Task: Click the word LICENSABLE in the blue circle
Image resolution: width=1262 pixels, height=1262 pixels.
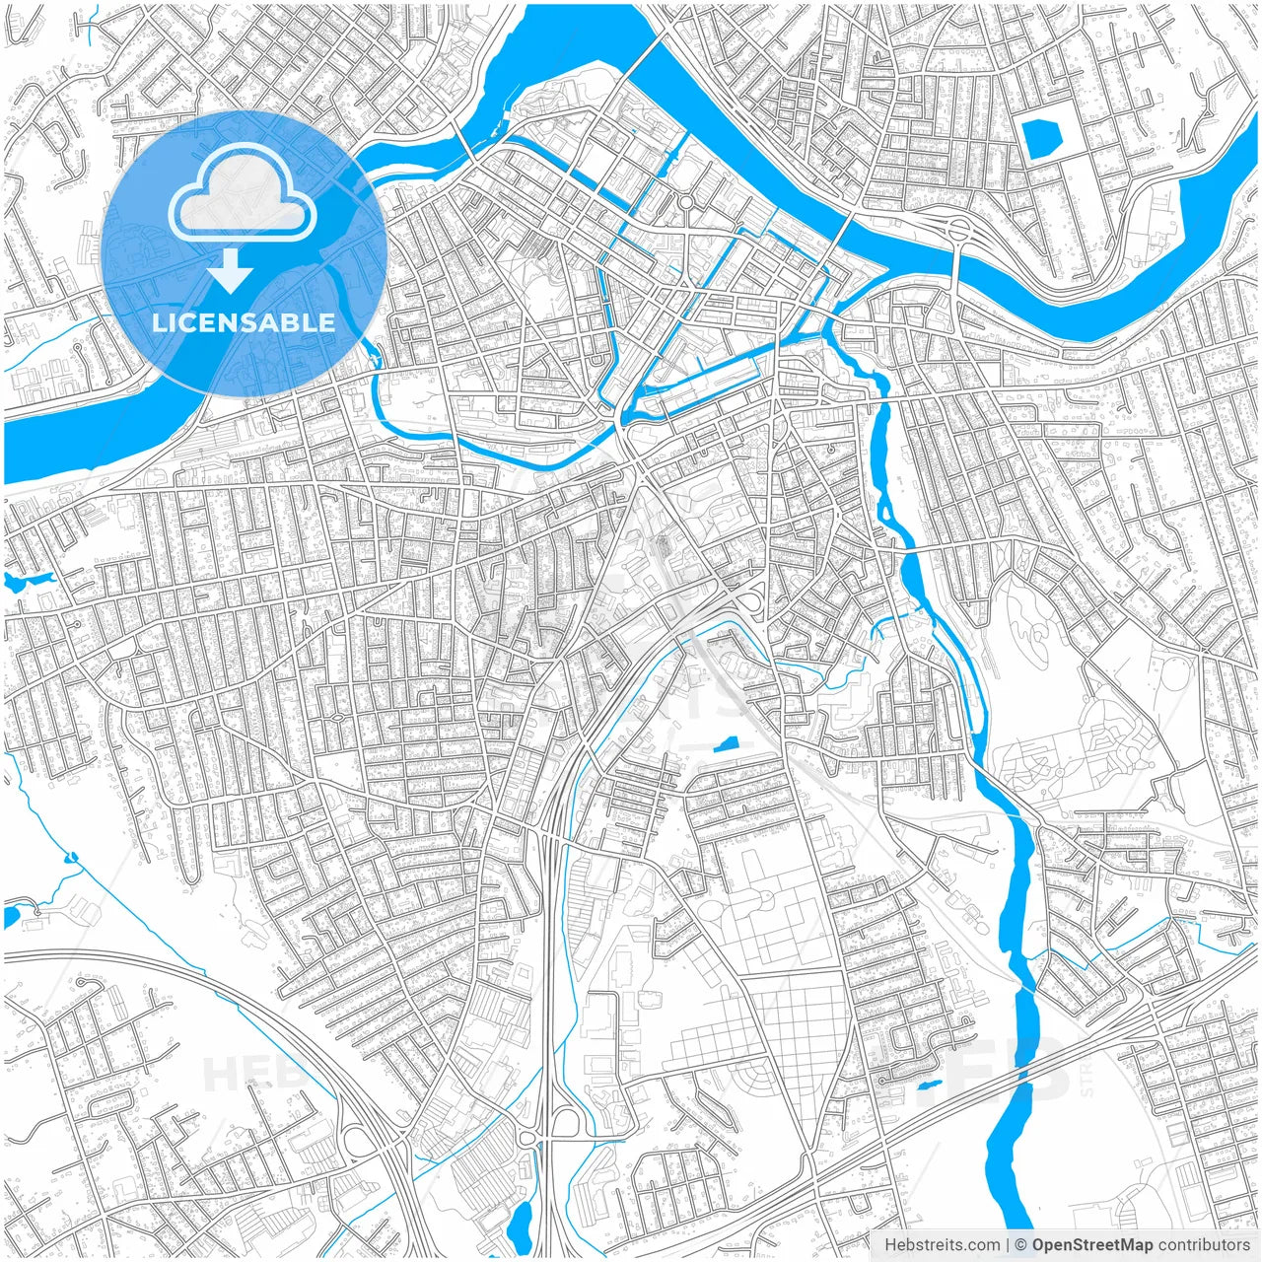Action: click(244, 322)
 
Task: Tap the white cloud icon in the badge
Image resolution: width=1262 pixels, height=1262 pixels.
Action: click(243, 191)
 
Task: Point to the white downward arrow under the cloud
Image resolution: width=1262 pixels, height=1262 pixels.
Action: click(231, 270)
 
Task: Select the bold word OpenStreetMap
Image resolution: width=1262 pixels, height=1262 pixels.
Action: click(1091, 1244)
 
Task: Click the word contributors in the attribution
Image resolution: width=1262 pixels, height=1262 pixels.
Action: click(1203, 1244)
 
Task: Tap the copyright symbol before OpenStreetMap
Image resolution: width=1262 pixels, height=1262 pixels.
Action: click(1021, 1244)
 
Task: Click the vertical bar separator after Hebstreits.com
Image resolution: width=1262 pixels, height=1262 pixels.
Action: click(1007, 1244)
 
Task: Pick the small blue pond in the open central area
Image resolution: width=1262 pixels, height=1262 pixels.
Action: click(727, 744)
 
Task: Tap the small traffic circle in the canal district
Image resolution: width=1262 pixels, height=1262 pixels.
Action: click(684, 202)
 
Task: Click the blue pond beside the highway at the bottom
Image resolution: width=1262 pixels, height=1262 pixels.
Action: click(520, 1223)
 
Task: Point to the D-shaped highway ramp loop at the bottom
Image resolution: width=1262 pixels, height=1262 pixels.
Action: click(566, 1121)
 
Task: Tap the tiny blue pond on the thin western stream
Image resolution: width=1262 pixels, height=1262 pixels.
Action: click(70, 857)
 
